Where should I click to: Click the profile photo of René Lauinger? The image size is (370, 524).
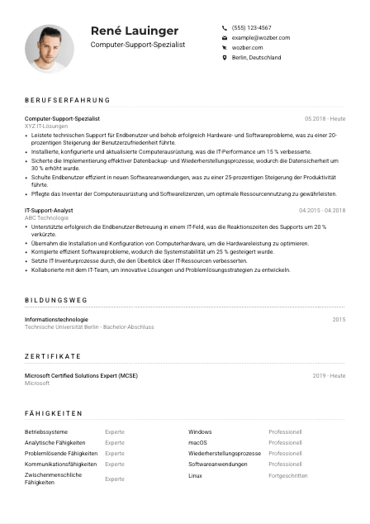coord(50,48)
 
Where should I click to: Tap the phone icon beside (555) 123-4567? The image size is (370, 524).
coord(225,27)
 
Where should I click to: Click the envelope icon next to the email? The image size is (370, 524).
coord(225,38)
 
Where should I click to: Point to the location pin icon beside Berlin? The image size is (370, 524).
coord(225,58)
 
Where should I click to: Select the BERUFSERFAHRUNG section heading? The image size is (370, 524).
coord(67,100)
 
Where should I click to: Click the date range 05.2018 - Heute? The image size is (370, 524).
coord(325,119)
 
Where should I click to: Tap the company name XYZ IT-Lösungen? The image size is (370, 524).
coord(46,126)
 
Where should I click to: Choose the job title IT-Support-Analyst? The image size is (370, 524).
coord(49,210)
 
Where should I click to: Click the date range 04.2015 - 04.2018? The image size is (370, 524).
coord(322,210)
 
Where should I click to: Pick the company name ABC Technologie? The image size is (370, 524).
coord(47,217)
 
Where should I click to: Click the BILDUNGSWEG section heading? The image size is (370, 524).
coord(56,301)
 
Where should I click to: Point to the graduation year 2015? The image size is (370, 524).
coord(339,319)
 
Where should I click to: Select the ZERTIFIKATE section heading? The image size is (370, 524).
coord(53,356)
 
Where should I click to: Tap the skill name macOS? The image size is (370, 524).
coord(197,442)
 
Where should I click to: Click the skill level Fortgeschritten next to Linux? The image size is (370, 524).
coord(287,476)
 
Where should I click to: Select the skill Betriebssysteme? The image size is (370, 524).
coord(46,431)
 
